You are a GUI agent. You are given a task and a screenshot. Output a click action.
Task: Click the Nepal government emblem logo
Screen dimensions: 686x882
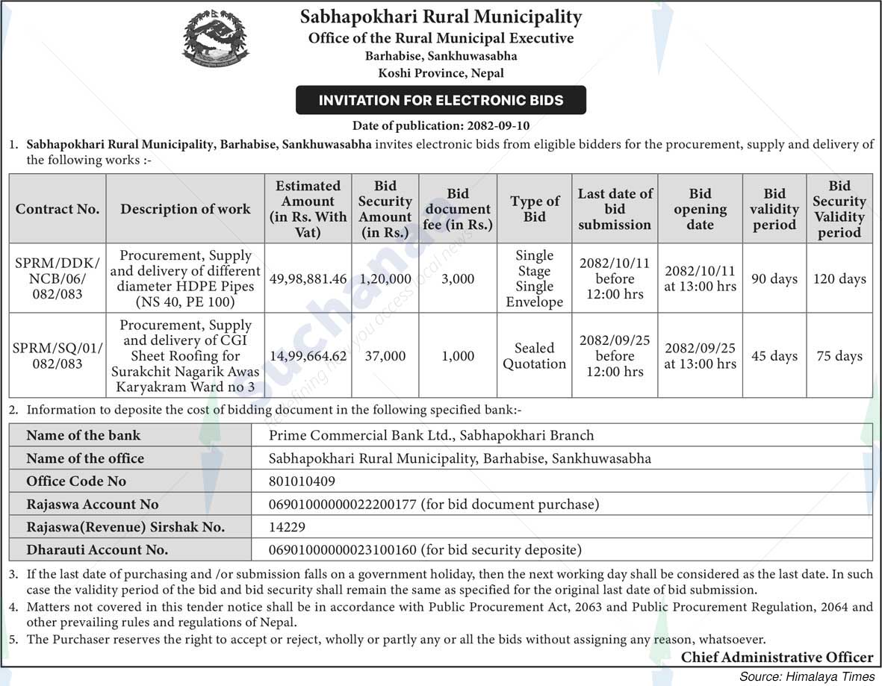pyautogui.click(x=216, y=37)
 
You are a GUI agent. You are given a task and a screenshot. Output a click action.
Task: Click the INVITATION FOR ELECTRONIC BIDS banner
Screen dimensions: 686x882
pyautogui.click(x=441, y=100)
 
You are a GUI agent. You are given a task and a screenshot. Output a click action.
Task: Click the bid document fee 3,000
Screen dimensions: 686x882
pyautogui.click(x=458, y=279)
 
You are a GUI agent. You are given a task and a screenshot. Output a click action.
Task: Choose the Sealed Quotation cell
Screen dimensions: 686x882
pyautogui.click(x=534, y=356)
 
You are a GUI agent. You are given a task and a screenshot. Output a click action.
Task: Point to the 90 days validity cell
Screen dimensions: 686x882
pyautogui.click(x=774, y=279)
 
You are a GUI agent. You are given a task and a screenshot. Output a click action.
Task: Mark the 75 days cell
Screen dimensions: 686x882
pyautogui.click(x=839, y=356)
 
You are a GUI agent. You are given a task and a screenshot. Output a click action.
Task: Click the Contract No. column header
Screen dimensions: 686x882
pyautogui.click(x=58, y=209)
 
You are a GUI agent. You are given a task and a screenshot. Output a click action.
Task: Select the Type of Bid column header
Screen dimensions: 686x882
pyautogui.click(x=534, y=209)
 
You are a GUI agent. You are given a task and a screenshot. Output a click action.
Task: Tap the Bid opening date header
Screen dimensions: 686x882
pyautogui.click(x=700, y=209)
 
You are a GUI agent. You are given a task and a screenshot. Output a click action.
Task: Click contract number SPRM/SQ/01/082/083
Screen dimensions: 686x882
pyautogui.click(x=58, y=356)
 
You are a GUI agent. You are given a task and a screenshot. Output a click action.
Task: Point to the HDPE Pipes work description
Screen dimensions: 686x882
pyautogui.click(x=185, y=279)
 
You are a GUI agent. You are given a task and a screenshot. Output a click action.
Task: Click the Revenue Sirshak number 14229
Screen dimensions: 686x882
pyautogui.click(x=288, y=527)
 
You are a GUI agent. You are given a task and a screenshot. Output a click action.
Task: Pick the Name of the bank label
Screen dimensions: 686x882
pyautogui.click(x=83, y=435)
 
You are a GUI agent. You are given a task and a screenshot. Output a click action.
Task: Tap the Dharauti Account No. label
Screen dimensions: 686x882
pyautogui.click(x=97, y=550)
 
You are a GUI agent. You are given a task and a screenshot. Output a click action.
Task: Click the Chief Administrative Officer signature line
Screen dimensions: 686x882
pyautogui.click(x=777, y=658)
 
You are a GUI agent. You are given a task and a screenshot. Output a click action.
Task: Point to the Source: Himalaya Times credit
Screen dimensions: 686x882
pyautogui.click(x=807, y=676)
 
